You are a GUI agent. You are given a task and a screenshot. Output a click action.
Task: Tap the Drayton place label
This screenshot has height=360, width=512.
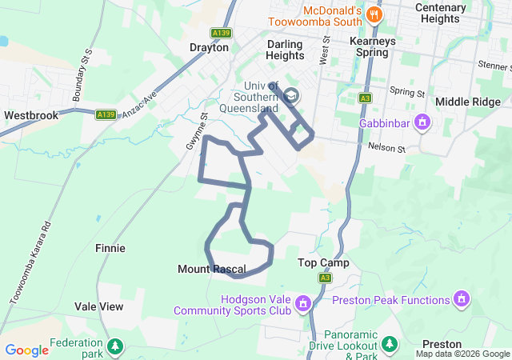tap(209, 47)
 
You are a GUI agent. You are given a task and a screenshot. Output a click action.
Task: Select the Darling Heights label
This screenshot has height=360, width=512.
tap(286, 50)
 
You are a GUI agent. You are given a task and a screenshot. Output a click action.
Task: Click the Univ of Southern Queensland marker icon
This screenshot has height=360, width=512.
tap(291, 97)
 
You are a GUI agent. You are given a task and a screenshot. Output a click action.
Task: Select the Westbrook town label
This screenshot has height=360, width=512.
tap(31, 115)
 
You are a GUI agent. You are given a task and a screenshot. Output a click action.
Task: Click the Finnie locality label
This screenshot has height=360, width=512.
tap(110, 248)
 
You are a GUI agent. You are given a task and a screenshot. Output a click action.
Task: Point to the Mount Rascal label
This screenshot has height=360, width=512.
tap(211, 270)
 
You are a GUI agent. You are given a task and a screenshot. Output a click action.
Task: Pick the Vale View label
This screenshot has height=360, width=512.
tap(99, 306)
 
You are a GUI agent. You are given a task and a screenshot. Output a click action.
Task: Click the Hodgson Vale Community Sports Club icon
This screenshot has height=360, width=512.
tap(303, 303)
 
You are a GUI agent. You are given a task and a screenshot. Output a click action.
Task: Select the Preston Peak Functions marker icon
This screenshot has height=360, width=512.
tap(461, 300)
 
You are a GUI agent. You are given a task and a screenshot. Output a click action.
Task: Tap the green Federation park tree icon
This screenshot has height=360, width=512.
tap(116, 346)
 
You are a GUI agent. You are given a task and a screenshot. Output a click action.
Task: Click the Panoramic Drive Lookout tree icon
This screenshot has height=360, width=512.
tap(389, 344)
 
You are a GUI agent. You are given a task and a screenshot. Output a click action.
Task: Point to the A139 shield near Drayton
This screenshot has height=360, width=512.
tap(222, 33)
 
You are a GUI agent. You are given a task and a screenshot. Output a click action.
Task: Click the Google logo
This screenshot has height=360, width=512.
tap(27, 350)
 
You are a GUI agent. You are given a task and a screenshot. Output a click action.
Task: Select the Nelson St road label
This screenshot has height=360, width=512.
tap(387, 148)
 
